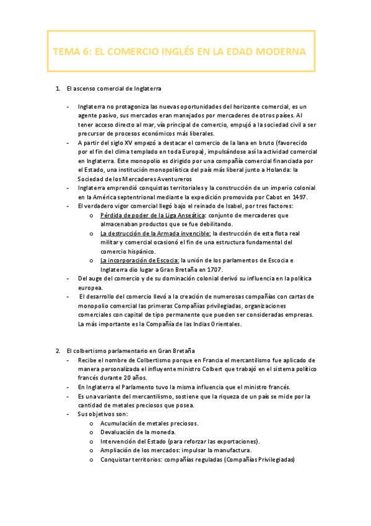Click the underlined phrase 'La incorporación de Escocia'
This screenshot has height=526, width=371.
coord(139,261)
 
